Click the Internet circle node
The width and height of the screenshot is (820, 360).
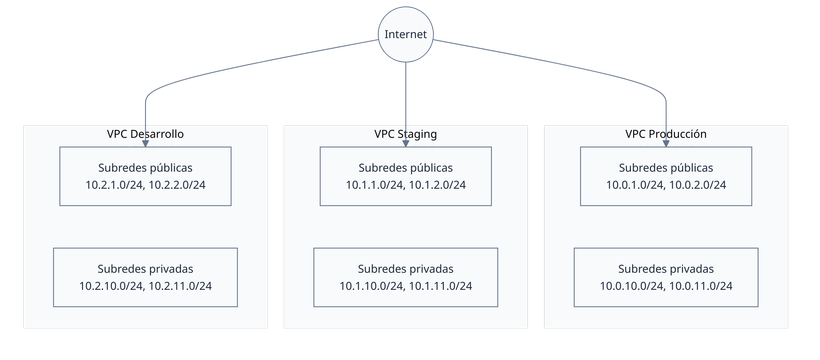click(405, 35)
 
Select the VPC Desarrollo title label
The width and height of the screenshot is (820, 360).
click(145, 133)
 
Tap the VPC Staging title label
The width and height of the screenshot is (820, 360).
click(405, 133)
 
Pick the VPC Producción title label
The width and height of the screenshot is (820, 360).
click(665, 133)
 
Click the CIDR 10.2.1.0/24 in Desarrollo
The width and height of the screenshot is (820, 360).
click(117, 185)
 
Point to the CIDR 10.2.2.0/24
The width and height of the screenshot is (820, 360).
click(177, 185)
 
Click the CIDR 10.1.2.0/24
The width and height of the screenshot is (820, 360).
click(437, 185)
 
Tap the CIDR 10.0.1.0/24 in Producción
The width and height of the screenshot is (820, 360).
click(637, 185)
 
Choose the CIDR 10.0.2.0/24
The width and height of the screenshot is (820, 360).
click(697, 185)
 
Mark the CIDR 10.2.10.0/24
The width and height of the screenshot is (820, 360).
click(113, 287)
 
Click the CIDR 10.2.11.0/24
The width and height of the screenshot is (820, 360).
click(179, 287)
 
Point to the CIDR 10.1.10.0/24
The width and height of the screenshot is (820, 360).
click(373, 287)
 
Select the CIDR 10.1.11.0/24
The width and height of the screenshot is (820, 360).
click(439, 287)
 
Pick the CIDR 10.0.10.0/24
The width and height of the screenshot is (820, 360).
click(633, 287)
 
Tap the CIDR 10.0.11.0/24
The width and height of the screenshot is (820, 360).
click(699, 287)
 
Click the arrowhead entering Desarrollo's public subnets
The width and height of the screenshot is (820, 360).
click(145, 143)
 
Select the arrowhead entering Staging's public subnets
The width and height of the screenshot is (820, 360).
click(405, 143)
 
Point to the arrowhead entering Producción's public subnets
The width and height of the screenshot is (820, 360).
click(665, 143)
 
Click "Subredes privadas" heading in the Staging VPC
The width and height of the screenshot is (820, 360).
click(405, 269)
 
